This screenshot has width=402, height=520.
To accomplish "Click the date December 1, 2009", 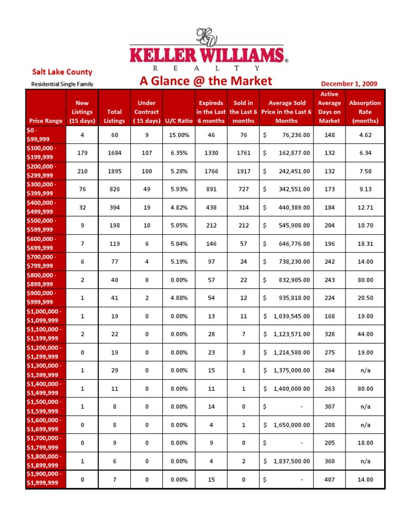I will [x=349, y=83].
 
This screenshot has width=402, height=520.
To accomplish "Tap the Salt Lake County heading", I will [x=62, y=72].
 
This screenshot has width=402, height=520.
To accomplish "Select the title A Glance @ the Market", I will [x=206, y=81].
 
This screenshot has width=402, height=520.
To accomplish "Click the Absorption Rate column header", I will [x=365, y=112].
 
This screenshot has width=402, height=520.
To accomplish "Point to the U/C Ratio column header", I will [x=178, y=121].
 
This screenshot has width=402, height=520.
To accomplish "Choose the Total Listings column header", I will [x=114, y=116].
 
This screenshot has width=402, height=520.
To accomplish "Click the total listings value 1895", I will [x=114, y=171].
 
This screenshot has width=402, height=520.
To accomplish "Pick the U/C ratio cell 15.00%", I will [x=178, y=135].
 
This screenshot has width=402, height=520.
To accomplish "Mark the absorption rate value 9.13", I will [x=365, y=189].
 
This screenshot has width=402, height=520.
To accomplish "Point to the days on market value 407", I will [x=329, y=479].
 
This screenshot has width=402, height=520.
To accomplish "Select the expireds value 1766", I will [x=211, y=171].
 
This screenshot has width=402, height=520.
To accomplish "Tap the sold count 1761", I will [x=243, y=153].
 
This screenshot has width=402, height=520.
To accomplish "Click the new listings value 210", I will [x=82, y=171].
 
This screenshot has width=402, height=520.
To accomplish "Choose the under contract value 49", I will [x=147, y=189].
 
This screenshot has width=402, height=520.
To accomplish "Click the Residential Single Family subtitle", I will [x=62, y=84].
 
